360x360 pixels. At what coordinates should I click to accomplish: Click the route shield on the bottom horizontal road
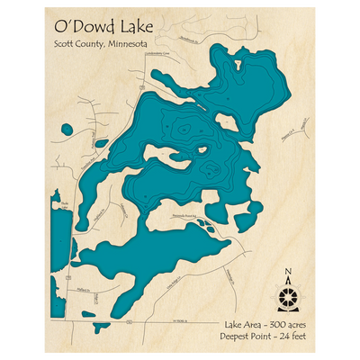pyautogui.click(x=130, y=319)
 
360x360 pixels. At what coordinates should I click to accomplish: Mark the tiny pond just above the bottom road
pyautogui.click(x=94, y=314)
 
